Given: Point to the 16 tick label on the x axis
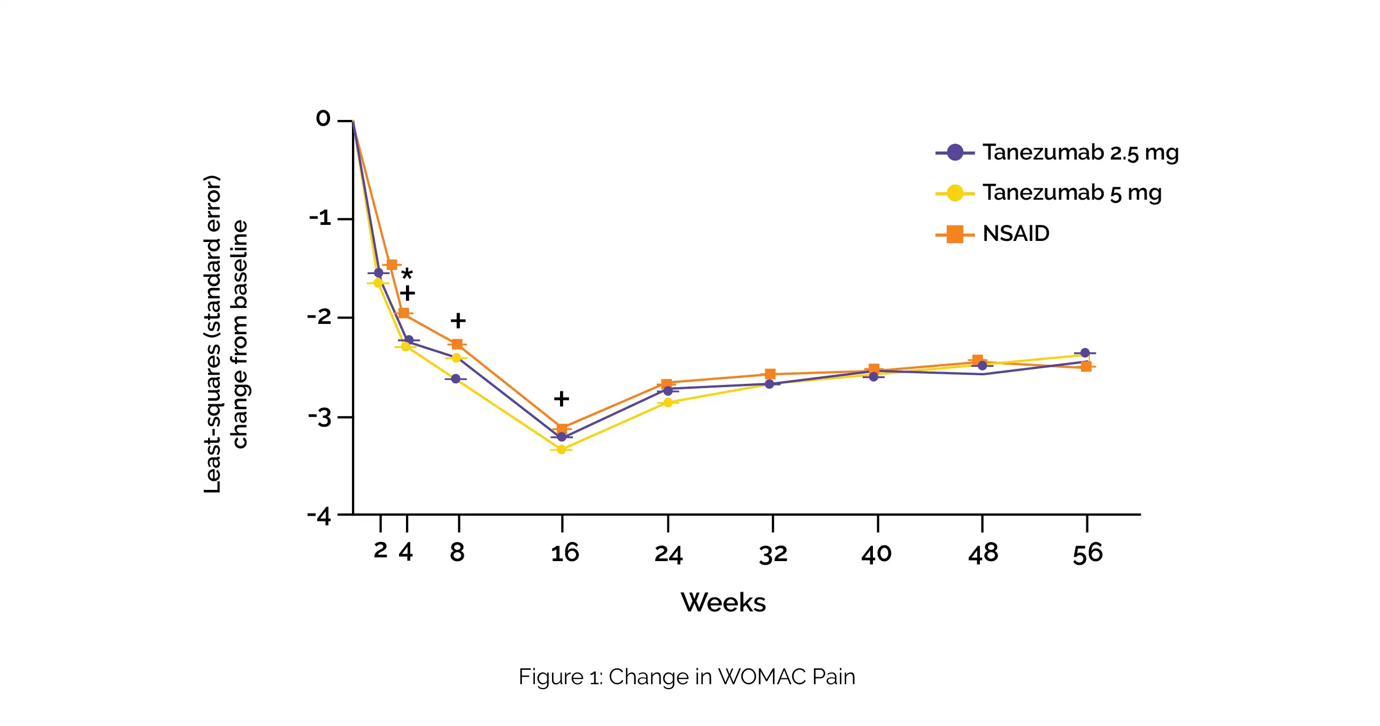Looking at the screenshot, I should tap(565, 553).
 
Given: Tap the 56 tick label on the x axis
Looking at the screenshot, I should tap(1087, 554).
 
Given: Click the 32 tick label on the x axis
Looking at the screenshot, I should tap(773, 554).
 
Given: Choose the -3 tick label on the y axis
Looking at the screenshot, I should tap(320, 417).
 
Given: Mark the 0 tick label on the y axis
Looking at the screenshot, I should tap(323, 118).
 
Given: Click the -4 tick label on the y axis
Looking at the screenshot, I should tap(319, 516).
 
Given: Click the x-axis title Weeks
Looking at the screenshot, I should tap(723, 602).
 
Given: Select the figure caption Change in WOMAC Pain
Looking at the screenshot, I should tap(687, 677).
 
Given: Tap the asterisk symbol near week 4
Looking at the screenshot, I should tap(407, 274).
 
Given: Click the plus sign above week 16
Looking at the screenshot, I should tap(562, 398).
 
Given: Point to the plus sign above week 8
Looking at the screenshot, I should tap(458, 321).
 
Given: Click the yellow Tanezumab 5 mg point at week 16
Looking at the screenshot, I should tap(562, 449).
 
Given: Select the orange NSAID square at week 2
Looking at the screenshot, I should tap(392, 264).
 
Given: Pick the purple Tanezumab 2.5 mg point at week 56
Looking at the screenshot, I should tap(1085, 353).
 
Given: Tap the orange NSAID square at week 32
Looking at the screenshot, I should tap(770, 374).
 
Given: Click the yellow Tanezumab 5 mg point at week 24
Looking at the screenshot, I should tap(668, 402).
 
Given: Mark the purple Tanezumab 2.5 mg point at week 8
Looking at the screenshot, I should tap(456, 379).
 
